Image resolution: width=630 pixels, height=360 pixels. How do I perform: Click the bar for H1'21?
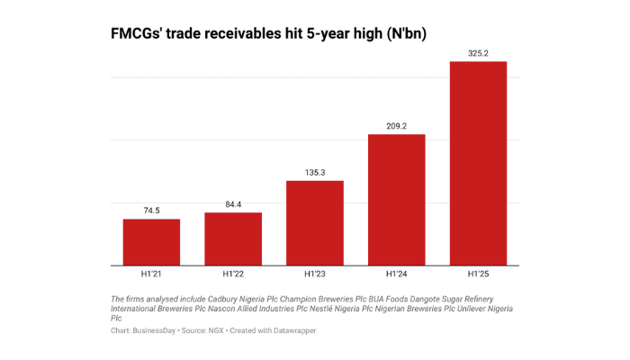tap(151, 242)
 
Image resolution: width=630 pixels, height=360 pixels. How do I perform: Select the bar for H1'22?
tap(233, 238)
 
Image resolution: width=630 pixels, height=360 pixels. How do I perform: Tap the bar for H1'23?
tap(315, 223)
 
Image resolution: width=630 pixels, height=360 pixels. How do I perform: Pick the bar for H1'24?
tap(397, 200)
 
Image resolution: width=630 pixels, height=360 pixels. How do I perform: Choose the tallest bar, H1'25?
tap(479, 163)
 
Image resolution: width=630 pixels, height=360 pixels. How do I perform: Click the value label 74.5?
tap(151, 211)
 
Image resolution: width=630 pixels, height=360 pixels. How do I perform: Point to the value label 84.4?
tap(233, 204)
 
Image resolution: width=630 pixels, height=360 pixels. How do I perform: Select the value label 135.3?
tap(315, 172)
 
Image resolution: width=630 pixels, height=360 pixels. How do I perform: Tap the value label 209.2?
tap(397, 126)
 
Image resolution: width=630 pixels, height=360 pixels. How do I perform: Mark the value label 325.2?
tap(479, 53)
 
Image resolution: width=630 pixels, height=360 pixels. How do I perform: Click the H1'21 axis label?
tap(151, 274)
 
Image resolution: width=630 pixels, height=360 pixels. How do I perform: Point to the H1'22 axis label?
tap(233, 274)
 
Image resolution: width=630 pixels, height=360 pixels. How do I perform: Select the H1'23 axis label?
tap(315, 274)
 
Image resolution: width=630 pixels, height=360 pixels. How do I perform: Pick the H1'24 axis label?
tap(397, 274)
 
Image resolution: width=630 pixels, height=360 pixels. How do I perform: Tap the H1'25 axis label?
tap(479, 274)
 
